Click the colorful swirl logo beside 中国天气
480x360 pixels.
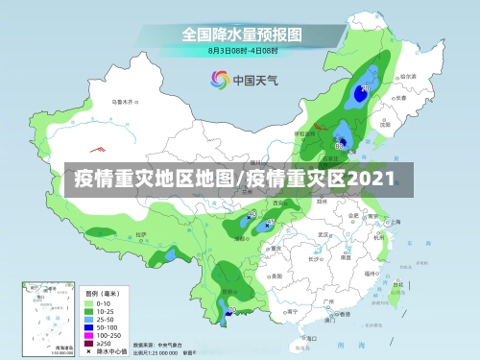[217, 80]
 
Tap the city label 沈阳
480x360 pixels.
[384, 124]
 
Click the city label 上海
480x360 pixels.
[396, 223]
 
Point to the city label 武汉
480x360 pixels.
[324, 233]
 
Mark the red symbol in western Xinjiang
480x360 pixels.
[96, 149]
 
